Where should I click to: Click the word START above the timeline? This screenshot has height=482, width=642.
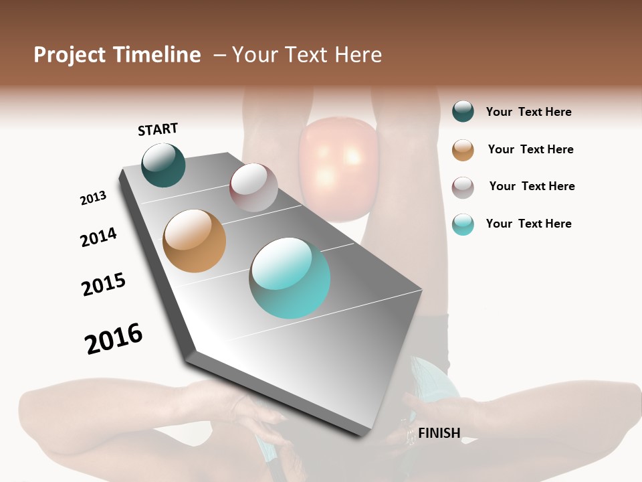[158, 129]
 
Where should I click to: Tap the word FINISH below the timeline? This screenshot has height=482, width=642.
[439, 433]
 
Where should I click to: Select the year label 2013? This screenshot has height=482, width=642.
[93, 198]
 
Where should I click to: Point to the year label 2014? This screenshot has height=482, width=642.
[98, 237]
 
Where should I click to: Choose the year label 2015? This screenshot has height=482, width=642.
[104, 285]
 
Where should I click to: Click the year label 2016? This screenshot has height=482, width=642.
[114, 339]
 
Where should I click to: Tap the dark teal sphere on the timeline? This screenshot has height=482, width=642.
[163, 165]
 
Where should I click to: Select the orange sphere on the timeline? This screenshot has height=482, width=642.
[194, 241]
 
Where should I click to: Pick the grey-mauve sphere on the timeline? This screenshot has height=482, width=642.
[253, 187]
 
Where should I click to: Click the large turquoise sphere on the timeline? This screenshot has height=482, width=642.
[290, 278]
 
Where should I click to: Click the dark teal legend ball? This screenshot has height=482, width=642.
[463, 111]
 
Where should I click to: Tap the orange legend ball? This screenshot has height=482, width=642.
[463, 150]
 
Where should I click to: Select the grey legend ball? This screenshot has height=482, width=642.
[463, 187]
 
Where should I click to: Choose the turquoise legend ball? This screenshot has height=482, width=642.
[463, 224]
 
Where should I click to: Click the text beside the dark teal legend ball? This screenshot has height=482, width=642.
[528, 112]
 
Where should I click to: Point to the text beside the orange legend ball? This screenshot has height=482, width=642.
[530, 149]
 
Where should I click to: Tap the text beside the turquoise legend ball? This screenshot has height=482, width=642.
[528, 224]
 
